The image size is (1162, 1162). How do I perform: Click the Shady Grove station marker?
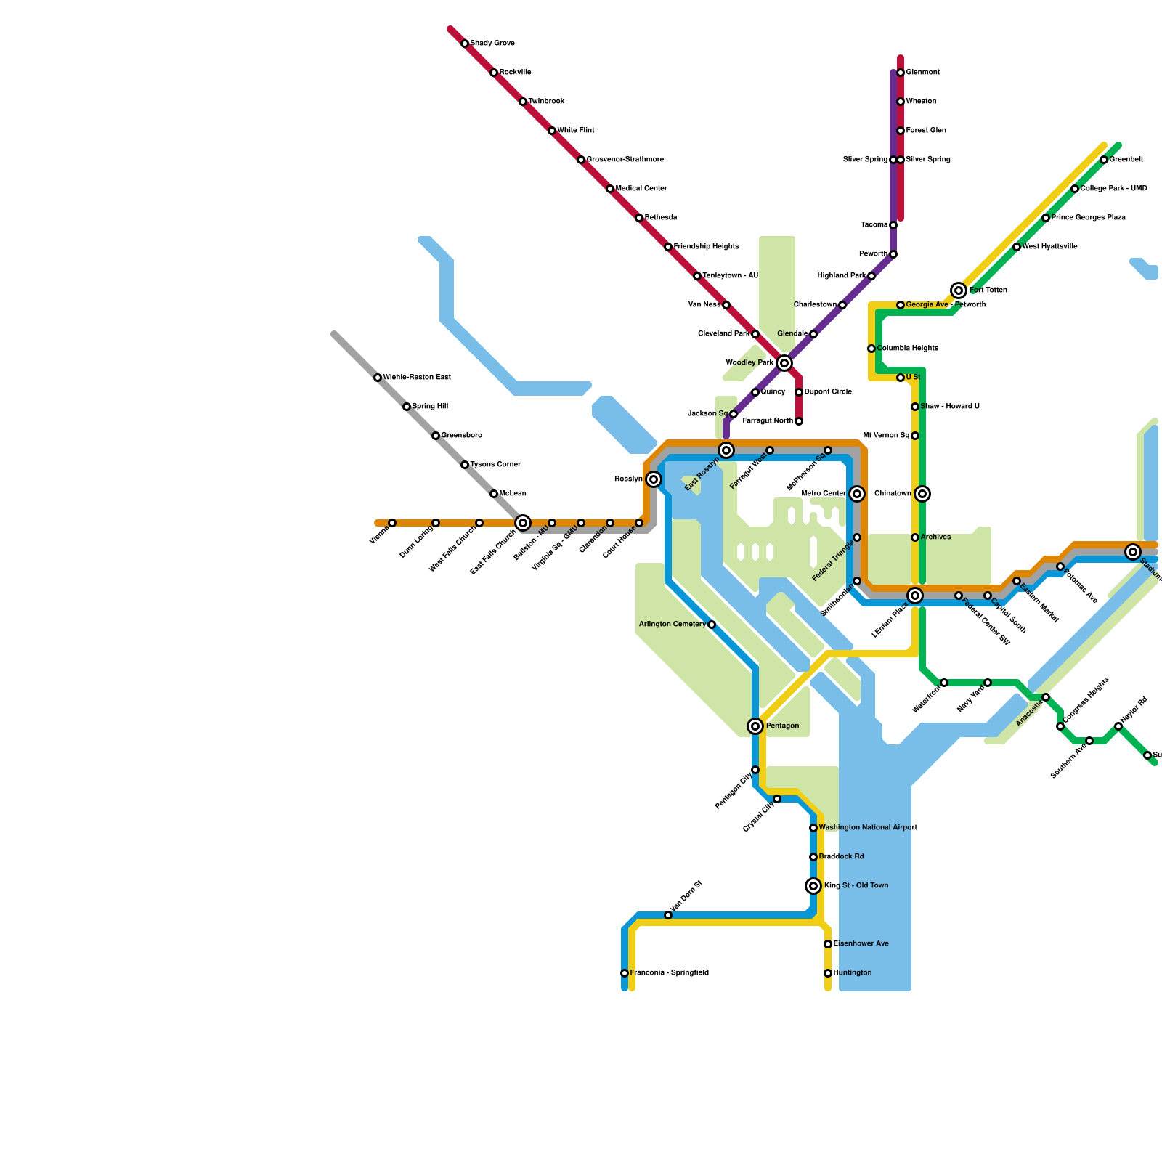point(465,44)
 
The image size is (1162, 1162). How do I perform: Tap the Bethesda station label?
point(661,218)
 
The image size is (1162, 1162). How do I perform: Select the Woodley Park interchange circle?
point(784,363)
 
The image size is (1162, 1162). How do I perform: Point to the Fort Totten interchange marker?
point(959,290)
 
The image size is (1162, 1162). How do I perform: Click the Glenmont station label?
point(922,73)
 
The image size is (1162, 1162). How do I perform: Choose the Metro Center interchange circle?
point(857,494)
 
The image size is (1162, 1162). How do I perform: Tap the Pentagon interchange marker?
point(755,726)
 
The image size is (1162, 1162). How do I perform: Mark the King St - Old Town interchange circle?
point(813,886)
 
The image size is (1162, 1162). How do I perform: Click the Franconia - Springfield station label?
point(669,973)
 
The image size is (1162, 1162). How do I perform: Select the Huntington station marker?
point(828,973)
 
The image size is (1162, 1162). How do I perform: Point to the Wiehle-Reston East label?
point(417,378)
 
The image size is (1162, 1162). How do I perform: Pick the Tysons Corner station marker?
point(465,465)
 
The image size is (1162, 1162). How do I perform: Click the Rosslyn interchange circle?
point(654,479)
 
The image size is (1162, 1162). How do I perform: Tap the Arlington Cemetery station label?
point(672,625)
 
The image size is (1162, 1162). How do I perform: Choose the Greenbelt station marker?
point(1104,160)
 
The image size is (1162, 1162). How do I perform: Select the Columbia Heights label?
point(907,349)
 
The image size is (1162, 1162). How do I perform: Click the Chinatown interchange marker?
point(922,494)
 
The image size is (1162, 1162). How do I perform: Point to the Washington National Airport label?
point(868,828)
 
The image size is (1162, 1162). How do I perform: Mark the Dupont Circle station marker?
point(799,392)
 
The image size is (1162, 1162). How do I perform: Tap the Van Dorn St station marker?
point(668,915)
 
